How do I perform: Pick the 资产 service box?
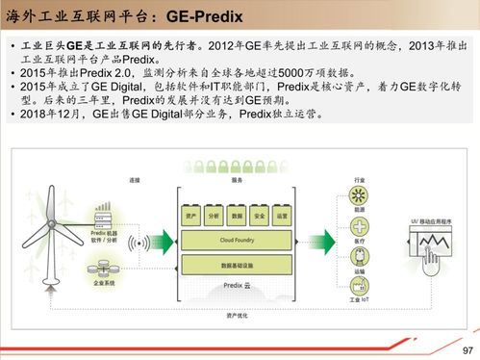(x=190, y=217)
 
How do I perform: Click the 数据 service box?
(x=237, y=217)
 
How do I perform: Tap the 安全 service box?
(x=259, y=217)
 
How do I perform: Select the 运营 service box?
(x=281, y=217)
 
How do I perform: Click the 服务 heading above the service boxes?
(x=237, y=179)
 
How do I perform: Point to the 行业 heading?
(x=359, y=179)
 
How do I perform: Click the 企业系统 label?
(x=104, y=283)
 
